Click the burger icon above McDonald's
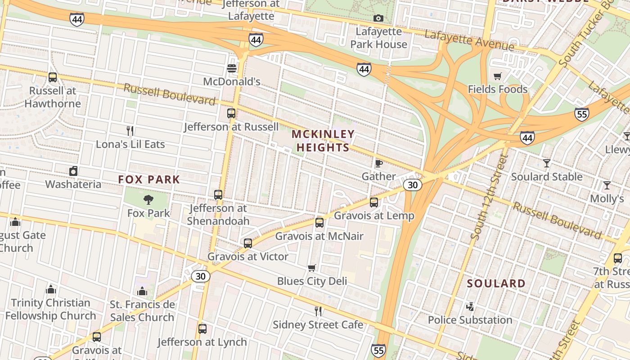pyautogui.click(x=232, y=68)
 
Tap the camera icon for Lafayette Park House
pyautogui.click(x=378, y=18)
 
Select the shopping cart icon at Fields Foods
pyautogui.click(x=497, y=76)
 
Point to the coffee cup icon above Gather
pyautogui.click(x=378, y=163)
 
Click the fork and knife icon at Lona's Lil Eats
pyautogui.click(x=130, y=131)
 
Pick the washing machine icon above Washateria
pyautogui.click(x=73, y=171)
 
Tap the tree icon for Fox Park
pyautogui.click(x=148, y=200)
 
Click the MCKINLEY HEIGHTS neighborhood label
pyautogui.click(x=323, y=141)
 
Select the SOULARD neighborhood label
pyautogui.click(x=496, y=283)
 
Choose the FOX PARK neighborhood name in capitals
pyautogui.click(x=149, y=180)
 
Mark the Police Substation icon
pyautogui.click(x=470, y=307)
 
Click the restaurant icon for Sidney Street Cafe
pyautogui.click(x=318, y=311)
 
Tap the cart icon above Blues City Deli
pyautogui.click(x=312, y=268)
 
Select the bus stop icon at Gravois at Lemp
pyautogui.click(x=374, y=202)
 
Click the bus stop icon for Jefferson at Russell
pyautogui.click(x=231, y=113)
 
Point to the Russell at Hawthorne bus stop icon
pyautogui.click(x=53, y=77)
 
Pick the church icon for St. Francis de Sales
pyautogui.click(x=142, y=292)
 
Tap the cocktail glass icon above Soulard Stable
pyautogui.click(x=547, y=163)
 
